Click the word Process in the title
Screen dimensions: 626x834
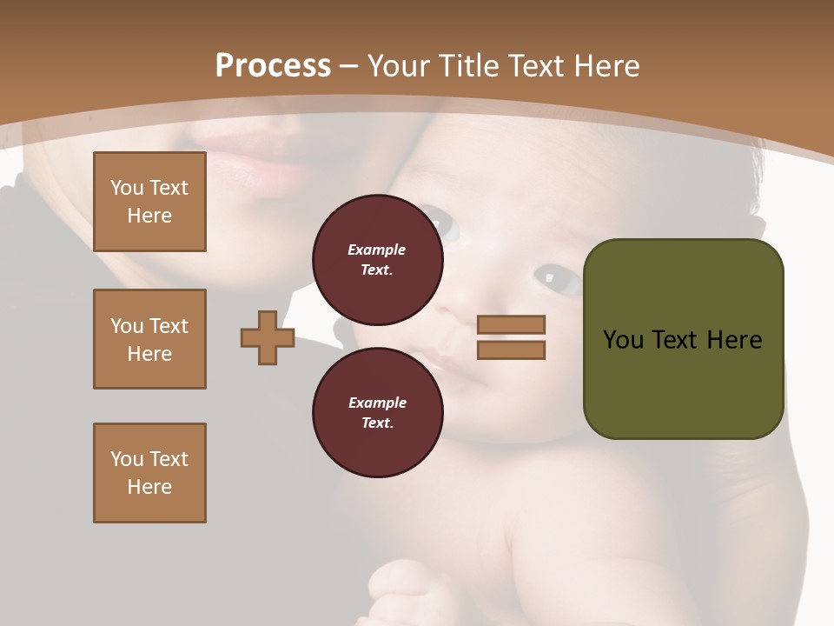pyautogui.click(x=273, y=66)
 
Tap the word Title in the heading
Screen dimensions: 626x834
pyautogui.click(x=469, y=66)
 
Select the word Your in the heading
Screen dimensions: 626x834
pyautogui.click(x=400, y=66)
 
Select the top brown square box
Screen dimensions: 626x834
pyautogui.click(x=149, y=202)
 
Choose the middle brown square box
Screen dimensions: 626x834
pyautogui.click(x=149, y=339)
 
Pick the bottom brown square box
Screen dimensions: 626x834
pyautogui.click(x=149, y=473)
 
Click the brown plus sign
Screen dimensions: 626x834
pyautogui.click(x=268, y=337)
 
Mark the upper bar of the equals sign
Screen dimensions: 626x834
pyautogui.click(x=511, y=325)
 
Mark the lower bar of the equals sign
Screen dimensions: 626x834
pyautogui.click(x=511, y=350)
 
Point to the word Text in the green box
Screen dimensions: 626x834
pyautogui.click(x=676, y=340)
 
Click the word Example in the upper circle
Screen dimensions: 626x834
pyautogui.click(x=377, y=250)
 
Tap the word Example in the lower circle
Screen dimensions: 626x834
pyautogui.click(x=377, y=403)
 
